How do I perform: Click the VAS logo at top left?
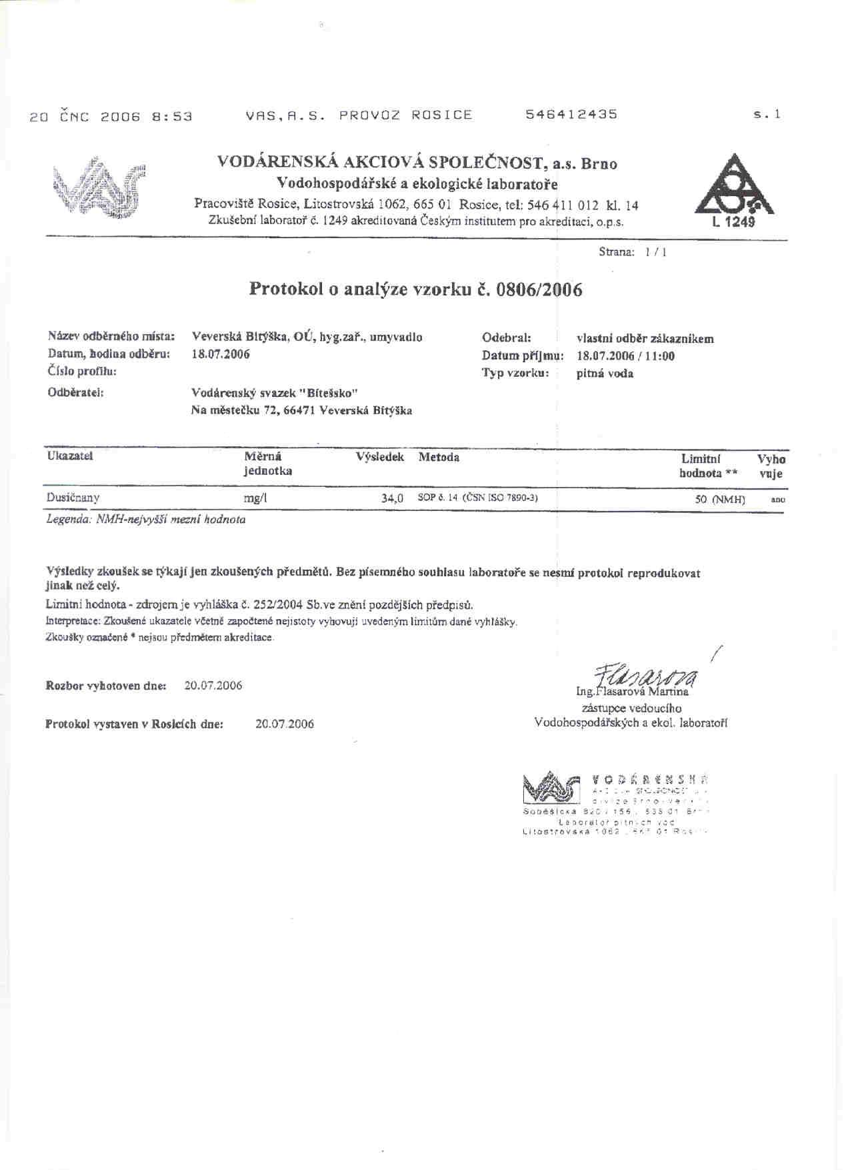(x=101, y=186)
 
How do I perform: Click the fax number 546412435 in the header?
(x=571, y=114)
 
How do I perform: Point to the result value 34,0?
(x=393, y=498)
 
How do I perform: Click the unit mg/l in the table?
(x=255, y=498)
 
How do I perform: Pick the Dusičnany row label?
(x=73, y=498)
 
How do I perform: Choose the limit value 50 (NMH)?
(x=720, y=499)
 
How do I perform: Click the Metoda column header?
(x=439, y=458)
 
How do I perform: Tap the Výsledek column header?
(x=380, y=458)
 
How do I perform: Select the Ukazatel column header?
(x=70, y=456)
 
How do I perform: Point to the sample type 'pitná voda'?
(x=605, y=374)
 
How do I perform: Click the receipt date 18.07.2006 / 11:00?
(x=625, y=356)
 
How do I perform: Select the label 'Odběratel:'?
(x=75, y=394)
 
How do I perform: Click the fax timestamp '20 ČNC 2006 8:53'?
(x=111, y=116)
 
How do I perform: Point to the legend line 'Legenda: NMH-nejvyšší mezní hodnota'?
(x=145, y=520)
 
